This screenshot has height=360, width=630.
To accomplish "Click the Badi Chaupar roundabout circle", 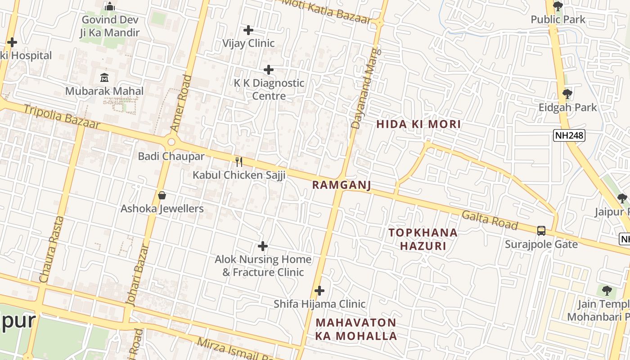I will (x=171, y=143).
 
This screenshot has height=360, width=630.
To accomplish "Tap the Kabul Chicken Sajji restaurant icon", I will (x=239, y=162).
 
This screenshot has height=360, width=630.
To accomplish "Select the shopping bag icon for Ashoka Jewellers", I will (x=162, y=195).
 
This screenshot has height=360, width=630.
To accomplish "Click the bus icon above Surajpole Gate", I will (x=541, y=231).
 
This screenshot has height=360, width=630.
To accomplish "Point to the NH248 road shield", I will (x=569, y=135).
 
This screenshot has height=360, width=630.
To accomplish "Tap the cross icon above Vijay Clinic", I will (x=248, y=30).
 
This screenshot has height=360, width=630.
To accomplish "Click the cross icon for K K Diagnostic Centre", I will (x=269, y=70).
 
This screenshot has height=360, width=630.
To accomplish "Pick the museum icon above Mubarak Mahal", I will (x=104, y=77).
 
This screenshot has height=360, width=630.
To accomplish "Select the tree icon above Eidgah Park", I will (x=567, y=94).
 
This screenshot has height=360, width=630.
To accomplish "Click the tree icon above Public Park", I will (x=558, y=6).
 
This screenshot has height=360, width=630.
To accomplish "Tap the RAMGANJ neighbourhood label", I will (x=342, y=185).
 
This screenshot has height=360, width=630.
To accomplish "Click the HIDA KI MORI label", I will (x=418, y=124).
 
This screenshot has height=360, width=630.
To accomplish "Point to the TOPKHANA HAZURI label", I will (x=423, y=239).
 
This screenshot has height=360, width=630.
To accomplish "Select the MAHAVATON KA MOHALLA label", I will (x=356, y=329).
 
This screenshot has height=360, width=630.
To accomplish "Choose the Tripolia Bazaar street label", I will (x=62, y=117).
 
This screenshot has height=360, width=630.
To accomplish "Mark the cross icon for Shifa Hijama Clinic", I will (x=319, y=291).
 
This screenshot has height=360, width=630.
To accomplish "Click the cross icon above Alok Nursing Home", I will (x=263, y=246).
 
